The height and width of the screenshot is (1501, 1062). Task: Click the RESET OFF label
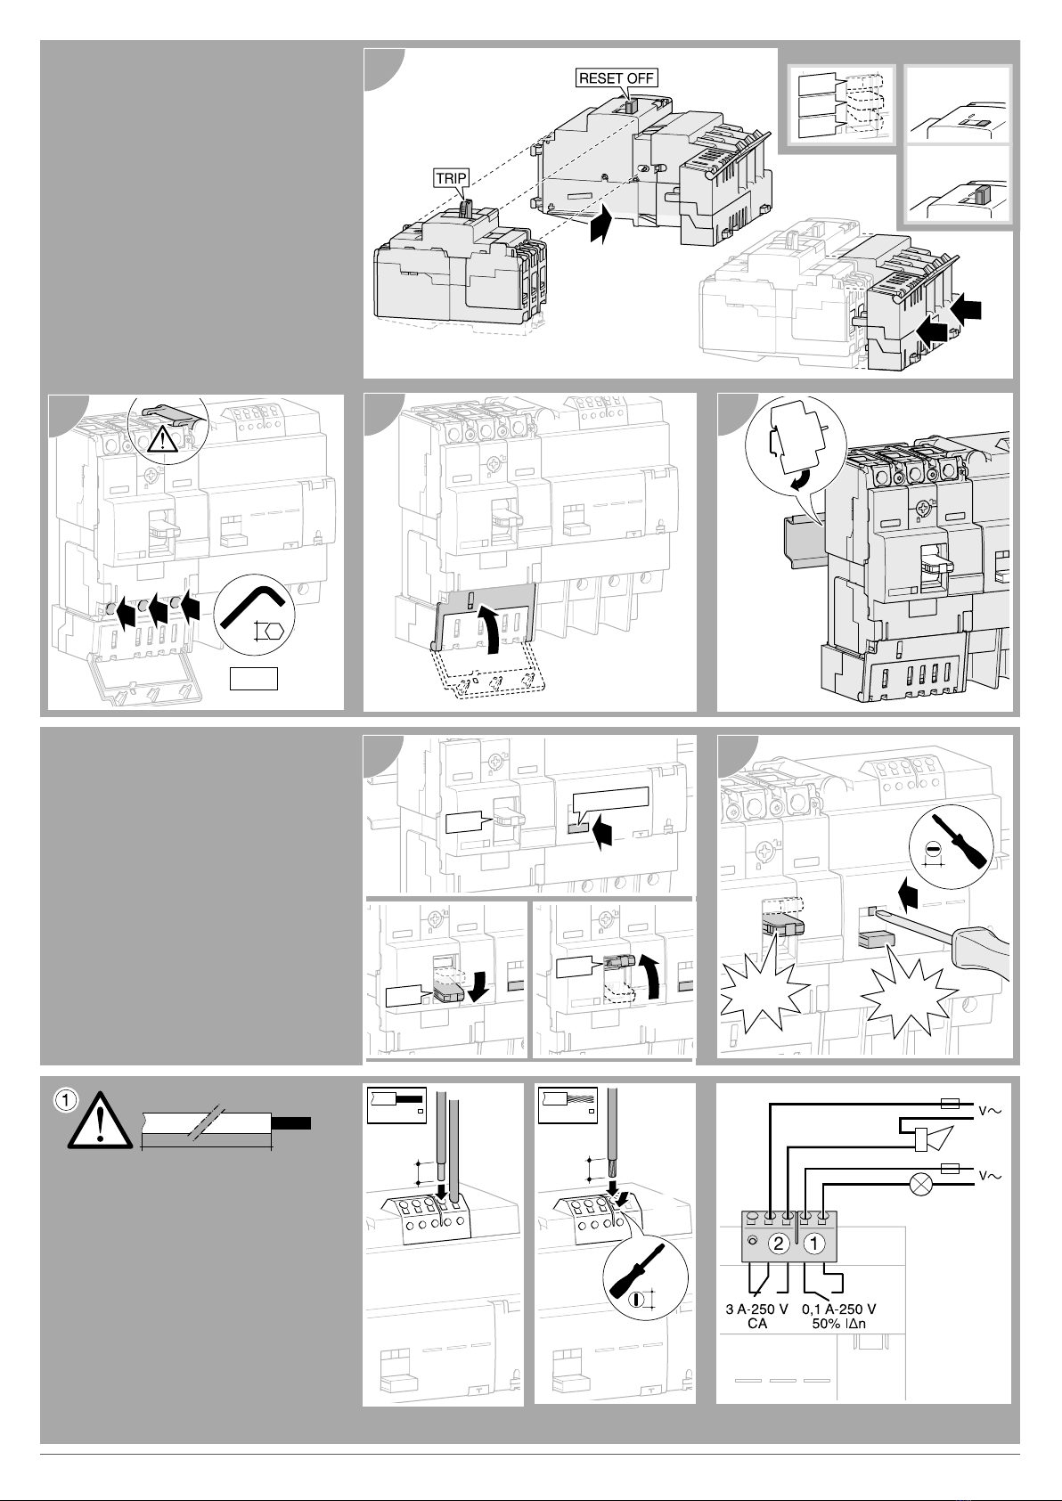click(x=617, y=77)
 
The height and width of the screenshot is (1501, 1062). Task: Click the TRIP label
click(x=451, y=178)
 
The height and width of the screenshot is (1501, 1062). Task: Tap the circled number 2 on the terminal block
click(x=779, y=1244)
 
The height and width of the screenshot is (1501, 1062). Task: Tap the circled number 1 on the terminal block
click(x=813, y=1244)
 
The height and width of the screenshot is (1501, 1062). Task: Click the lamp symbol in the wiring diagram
click(x=918, y=1186)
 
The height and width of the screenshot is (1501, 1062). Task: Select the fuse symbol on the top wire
click(x=950, y=1104)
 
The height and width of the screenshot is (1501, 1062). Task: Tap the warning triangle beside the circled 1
click(x=100, y=1121)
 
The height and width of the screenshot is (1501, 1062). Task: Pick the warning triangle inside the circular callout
click(x=160, y=440)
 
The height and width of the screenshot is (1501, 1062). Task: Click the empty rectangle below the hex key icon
click(x=253, y=678)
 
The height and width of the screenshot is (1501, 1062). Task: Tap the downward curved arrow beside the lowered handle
click(x=479, y=984)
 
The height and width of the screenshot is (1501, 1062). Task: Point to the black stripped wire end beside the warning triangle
click(x=291, y=1122)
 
